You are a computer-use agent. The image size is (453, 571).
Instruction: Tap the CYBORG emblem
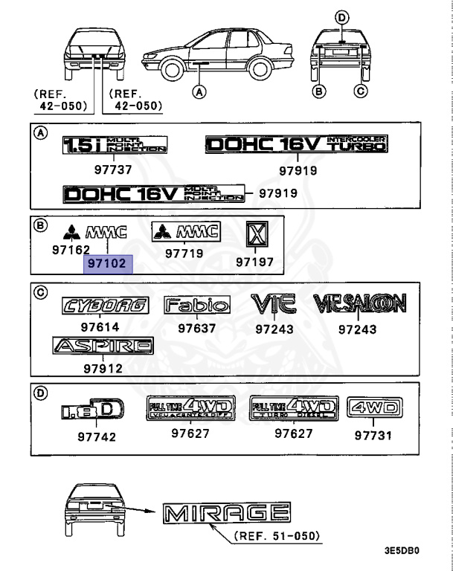click(x=105, y=305)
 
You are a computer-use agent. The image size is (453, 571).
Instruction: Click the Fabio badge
click(x=196, y=305)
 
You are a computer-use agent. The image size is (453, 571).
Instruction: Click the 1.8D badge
click(x=89, y=410)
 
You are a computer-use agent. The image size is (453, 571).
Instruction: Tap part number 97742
click(x=97, y=437)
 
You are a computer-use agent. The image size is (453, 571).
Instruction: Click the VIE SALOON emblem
click(x=359, y=303)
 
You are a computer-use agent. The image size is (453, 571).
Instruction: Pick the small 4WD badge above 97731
click(x=374, y=407)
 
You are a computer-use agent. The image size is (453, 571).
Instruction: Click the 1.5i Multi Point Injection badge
click(x=114, y=144)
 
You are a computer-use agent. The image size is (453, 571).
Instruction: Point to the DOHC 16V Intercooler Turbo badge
click(x=297, y=143)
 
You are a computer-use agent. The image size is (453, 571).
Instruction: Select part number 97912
click(x=103, y=369)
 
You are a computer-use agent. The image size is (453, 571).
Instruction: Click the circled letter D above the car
click(x=341, y=17)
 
